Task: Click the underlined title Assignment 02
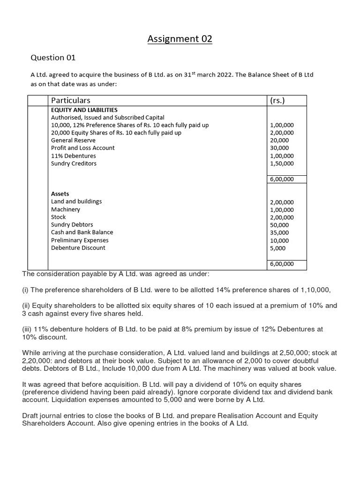[180, 39]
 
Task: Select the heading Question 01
[53, 58]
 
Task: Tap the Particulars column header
[71, 100]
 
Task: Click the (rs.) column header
[279, 100]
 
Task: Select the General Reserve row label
[73, 140]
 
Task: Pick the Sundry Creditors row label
[74, 163]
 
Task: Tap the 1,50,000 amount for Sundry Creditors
[282, 164]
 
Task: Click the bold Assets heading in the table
[60, 194]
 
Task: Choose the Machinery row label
[66, 209]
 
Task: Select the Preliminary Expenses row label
[80, 240]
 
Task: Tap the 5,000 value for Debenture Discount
[278, 248]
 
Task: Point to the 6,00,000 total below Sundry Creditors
[282, 179]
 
